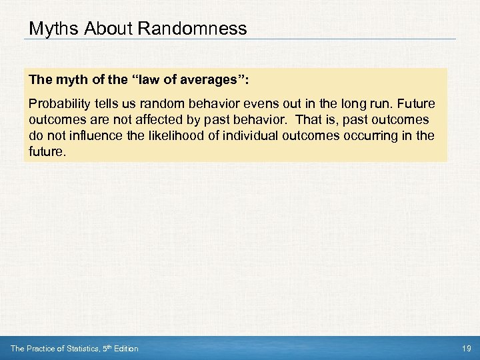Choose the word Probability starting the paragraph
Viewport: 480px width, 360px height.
tap(57, 104)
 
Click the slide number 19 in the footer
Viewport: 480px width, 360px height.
tap(465, 349)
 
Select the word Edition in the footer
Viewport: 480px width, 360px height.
tap(125, 349)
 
